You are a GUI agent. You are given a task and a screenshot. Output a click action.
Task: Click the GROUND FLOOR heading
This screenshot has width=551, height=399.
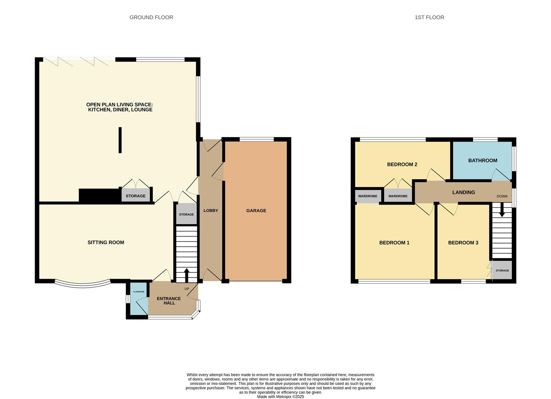[x=151, y=17]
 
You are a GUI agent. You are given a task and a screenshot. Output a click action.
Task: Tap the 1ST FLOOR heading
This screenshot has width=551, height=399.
[x=429, y=17]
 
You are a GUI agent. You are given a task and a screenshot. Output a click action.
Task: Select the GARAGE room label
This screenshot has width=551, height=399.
[x=256, y=211]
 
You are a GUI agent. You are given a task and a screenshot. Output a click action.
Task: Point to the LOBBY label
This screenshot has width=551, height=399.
[x=211, y=211]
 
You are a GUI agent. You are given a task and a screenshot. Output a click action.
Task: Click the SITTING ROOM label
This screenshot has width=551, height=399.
[x=106, y=242]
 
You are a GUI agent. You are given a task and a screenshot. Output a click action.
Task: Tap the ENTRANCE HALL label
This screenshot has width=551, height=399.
[x=169, y=301]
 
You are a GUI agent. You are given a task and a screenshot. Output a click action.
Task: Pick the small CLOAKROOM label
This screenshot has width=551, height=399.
[x=139, y=292]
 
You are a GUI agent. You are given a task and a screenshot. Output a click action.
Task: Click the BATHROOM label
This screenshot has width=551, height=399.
[x=483, y=160]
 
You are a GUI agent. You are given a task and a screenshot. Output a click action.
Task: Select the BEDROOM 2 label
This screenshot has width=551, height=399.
[x=402, y=164]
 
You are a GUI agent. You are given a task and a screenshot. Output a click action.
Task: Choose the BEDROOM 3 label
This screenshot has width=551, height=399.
[x=463, y=243]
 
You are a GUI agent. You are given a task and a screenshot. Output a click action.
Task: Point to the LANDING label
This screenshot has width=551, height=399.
[x=464, y=192]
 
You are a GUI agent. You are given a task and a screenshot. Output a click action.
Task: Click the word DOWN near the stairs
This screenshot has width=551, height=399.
[x=502, y=197]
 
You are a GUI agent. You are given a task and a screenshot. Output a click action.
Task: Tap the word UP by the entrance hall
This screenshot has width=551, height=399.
[x=187, y=289]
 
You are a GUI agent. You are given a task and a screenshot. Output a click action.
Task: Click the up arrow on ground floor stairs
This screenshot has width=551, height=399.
[x=186, y=275]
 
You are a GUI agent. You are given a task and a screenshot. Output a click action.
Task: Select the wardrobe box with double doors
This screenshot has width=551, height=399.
[x=398, y=195]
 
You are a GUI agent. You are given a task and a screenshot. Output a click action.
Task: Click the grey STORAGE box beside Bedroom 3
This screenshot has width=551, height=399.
[x=502, y=270]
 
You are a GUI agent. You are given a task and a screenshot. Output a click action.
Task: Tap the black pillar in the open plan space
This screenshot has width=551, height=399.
[x=120, y=140]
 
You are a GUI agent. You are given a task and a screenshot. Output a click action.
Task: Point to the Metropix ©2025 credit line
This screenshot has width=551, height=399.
[x=280, y=397]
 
